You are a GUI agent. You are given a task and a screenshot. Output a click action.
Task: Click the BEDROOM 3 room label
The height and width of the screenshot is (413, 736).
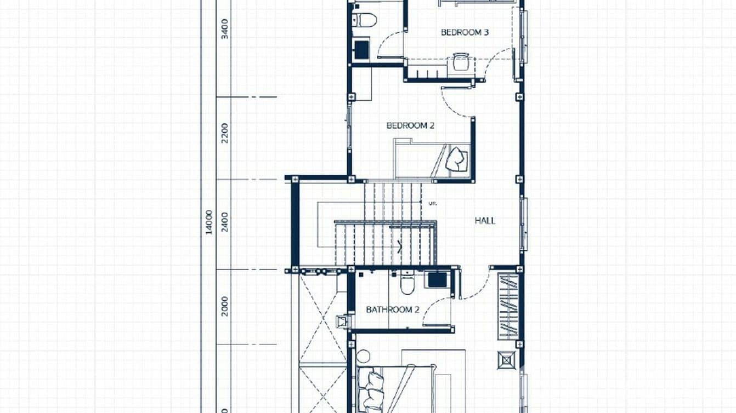pyautogui.click(x=465, y=32)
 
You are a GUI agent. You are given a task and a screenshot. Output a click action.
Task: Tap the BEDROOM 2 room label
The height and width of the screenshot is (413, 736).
pyautogui.click(x=410, y=125)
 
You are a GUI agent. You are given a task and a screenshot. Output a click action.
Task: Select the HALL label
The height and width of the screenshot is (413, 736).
pyautogui.click(x=485, y=221)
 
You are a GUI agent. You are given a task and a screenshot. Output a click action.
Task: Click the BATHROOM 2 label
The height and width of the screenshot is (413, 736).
pyautogui.click(x=393, y=310)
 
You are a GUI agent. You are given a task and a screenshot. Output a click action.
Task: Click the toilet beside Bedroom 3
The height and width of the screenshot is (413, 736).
pyautogui.click(x=366, y=20)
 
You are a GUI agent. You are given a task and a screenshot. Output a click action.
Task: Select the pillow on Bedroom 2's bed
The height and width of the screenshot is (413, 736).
pyautogui.click(x=456, y=159)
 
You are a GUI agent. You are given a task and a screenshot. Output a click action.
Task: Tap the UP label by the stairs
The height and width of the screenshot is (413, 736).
pyautogui.click(x=432, y=204)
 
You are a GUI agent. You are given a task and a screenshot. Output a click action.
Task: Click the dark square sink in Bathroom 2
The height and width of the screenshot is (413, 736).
pyautogui.click(x=437, y=279)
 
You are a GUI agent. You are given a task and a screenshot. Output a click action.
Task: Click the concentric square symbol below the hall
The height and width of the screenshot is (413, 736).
pyautogui.click(x=507, y=360)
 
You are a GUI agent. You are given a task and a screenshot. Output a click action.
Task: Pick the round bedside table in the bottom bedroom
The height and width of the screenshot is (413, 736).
pyautogui.click(x=363, y=357)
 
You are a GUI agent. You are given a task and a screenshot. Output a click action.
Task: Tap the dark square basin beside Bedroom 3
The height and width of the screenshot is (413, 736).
pyautogui.click(x=361, y=50)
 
